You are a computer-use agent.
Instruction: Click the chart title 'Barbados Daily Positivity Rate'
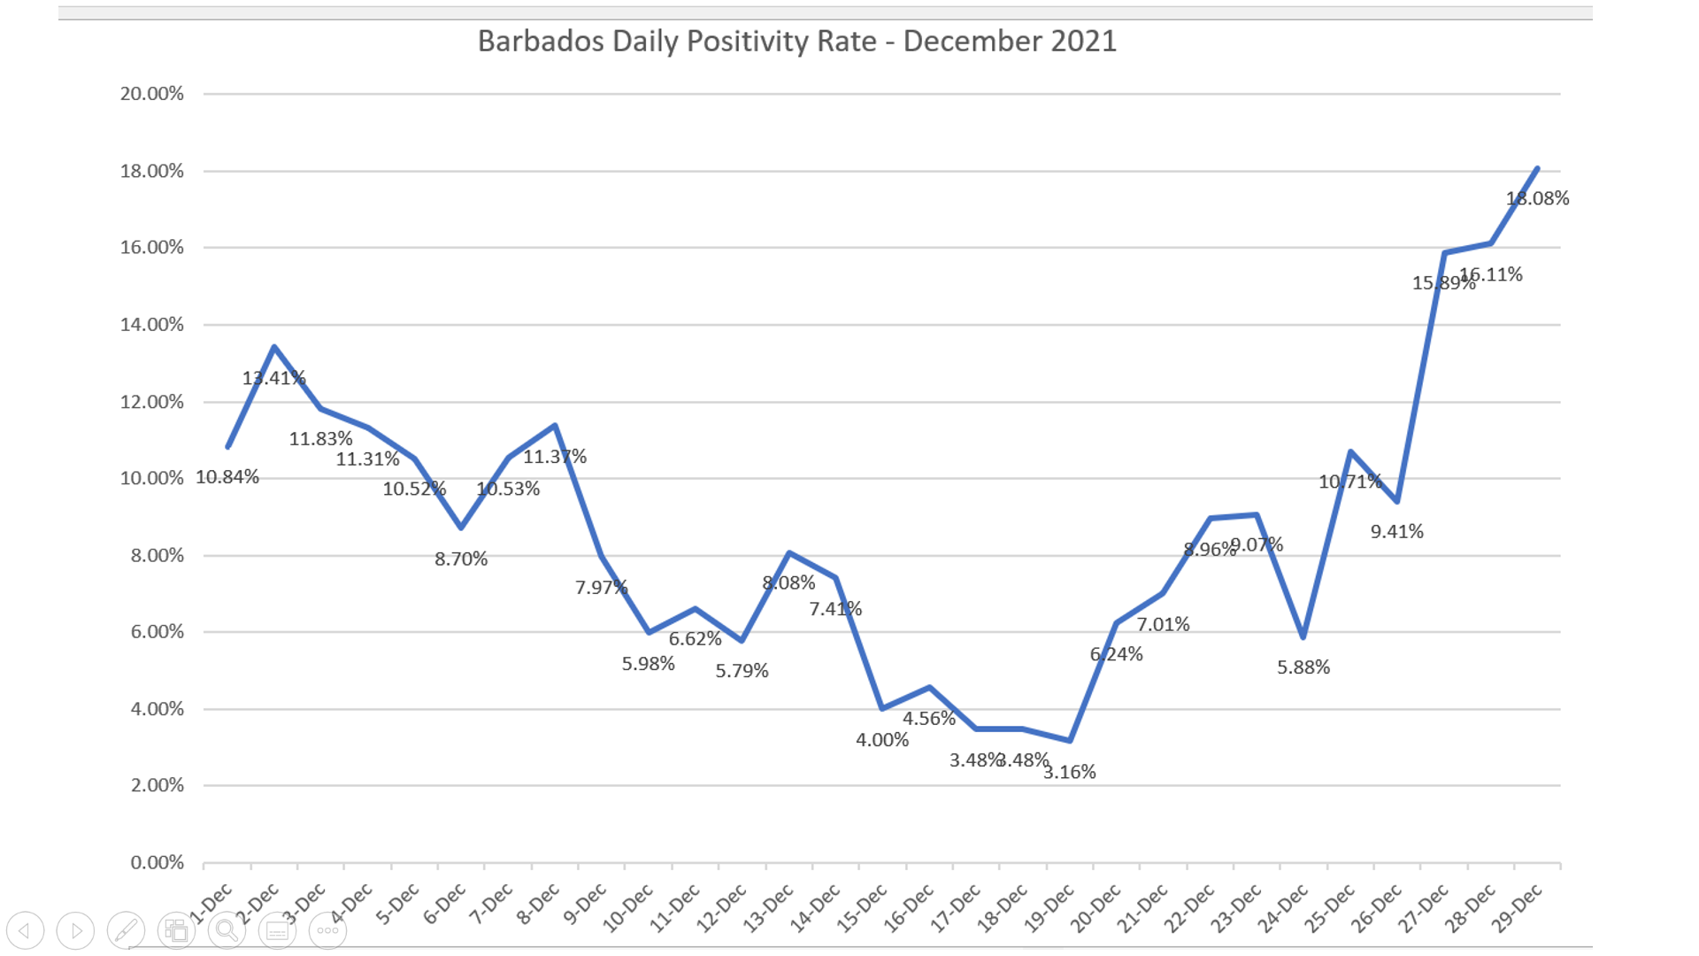point(796,42)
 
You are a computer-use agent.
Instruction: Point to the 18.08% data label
point(1537,198)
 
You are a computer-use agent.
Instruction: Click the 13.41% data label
point(273,378)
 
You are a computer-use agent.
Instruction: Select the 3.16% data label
point(1069,772)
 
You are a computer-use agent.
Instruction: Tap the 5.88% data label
point(1303,667)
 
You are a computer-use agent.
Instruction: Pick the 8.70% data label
point(460,559)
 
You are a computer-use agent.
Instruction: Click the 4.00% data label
point(881,740)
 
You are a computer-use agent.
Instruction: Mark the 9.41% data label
point(1396,532)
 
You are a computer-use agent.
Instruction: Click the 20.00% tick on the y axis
point(152,94)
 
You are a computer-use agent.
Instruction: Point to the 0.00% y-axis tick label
point(157,862)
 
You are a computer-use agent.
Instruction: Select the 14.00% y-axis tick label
point(152,325)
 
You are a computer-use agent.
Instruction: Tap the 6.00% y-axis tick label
point(157,632)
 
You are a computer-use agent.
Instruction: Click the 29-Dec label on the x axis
point(1517,908)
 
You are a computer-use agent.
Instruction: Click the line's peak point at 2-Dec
point(274,347)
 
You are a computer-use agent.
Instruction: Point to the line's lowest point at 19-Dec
point(1070,740)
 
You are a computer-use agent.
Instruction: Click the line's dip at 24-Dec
point(1303,636)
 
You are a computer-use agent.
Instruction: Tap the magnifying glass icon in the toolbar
point(227,930)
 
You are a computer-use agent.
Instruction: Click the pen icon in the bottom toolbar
point(126,930)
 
